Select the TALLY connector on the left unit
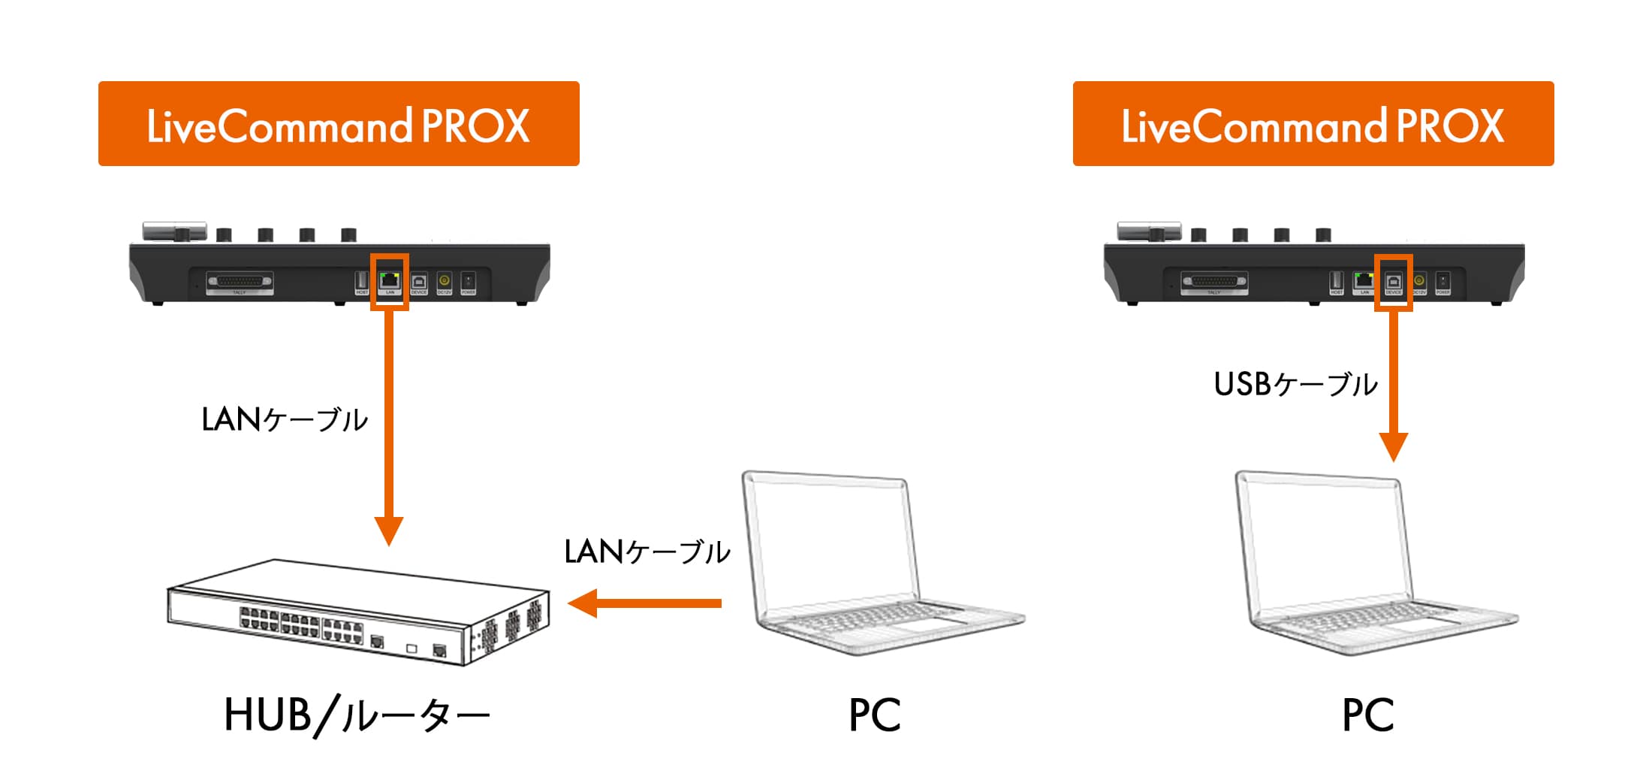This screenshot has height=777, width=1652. pos(240,282)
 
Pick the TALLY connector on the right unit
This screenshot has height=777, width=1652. pos(1214,282)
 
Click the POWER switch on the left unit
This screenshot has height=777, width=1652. pos(468,281)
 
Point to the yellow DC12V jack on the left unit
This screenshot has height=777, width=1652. pos(444,280)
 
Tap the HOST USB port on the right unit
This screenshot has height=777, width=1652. pos(1336,280)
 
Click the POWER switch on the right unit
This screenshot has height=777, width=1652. pos(1442,281)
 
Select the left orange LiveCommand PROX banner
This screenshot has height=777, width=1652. pos(339,124)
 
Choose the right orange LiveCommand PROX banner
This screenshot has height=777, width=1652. pos(1313,124)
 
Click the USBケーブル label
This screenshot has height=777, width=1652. pos(1295,384)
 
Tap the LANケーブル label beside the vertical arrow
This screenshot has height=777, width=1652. pos(285,419)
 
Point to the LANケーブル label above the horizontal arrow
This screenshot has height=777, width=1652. pos(647,552)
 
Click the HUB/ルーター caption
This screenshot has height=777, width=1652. pos(357,715)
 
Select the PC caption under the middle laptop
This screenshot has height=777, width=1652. pos(874,715)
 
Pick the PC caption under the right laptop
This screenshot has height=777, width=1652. pos(1367,715)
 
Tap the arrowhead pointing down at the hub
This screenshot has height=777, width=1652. pos(389,529)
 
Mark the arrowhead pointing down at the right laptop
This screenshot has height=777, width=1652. pos(1393,446)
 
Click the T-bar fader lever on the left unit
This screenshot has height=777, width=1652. pos(175,231)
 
